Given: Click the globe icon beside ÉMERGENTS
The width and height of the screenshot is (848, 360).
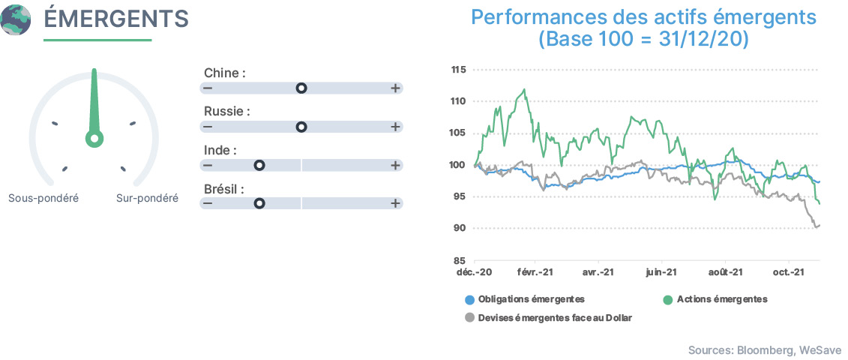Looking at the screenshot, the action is [16, 19].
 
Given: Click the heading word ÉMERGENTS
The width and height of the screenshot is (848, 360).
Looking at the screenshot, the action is [116, 19].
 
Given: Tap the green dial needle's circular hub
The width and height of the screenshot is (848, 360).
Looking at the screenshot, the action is [94, 139].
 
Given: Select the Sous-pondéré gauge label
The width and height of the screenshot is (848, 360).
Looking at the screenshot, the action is [43, 198].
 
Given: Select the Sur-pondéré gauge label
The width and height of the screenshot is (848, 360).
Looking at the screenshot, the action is [147, 198].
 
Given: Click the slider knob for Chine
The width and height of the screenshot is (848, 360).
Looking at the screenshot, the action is [301, 88].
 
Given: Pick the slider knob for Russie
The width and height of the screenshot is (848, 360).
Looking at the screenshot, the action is [301, 127].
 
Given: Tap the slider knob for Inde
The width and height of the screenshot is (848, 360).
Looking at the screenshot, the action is [259, 165].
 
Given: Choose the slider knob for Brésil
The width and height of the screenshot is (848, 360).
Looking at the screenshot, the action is [259, 203].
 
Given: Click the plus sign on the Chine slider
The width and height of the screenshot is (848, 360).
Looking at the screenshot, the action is [395, 88].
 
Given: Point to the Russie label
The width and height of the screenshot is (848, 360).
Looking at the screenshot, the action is [227, 112].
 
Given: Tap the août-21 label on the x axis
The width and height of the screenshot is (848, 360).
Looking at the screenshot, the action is [725, 272].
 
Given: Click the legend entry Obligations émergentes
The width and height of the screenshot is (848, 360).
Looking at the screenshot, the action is [525, 298].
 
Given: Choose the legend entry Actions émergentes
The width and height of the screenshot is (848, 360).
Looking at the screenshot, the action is [715, 298].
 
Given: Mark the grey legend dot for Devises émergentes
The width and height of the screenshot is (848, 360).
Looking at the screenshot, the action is [470, 318].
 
